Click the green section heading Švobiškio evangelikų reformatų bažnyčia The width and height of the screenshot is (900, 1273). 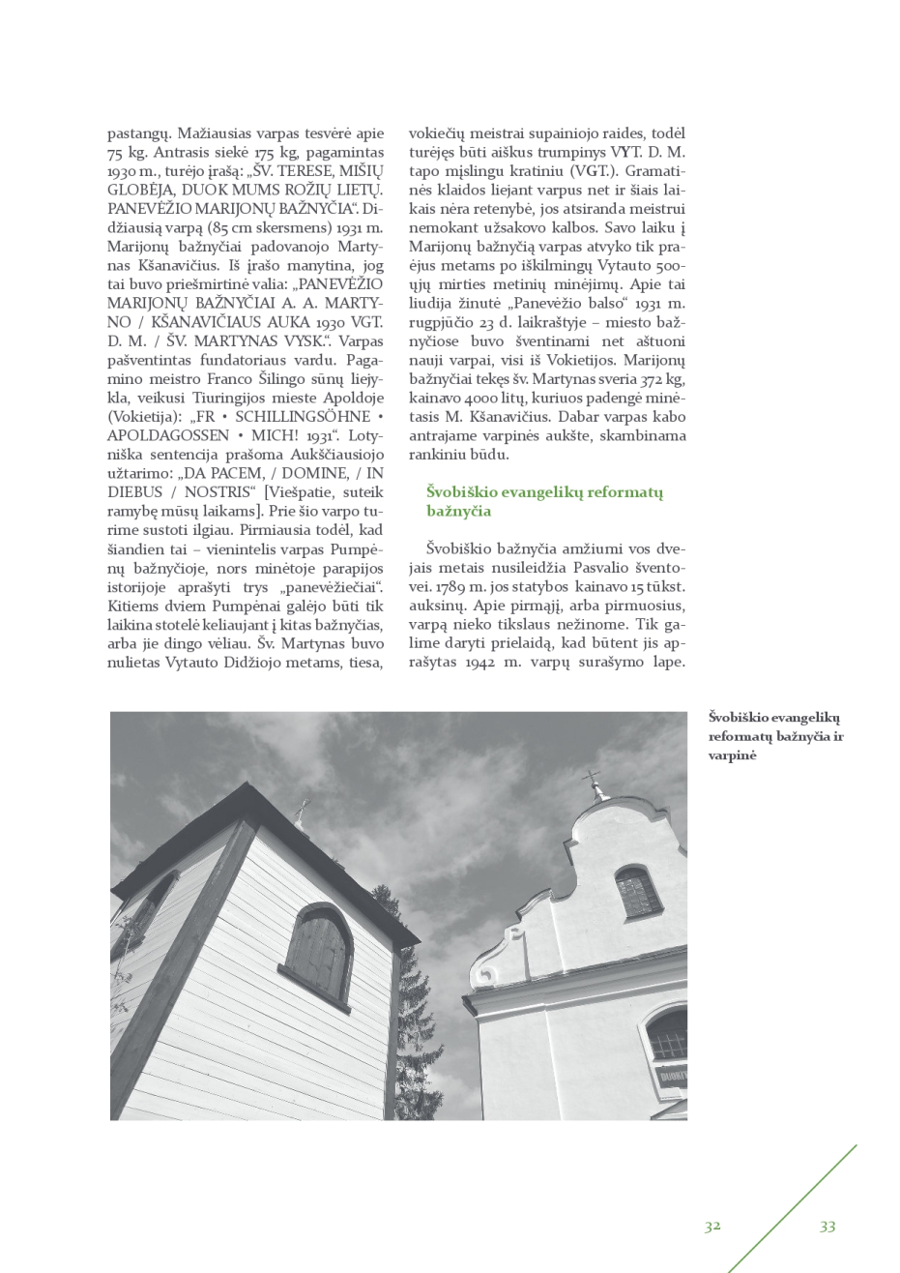(x=543, y=501)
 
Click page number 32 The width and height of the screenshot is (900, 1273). (x=712, y=1226)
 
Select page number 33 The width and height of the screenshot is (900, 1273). (x=827, y=1226)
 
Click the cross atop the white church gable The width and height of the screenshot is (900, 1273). (x=593, y=782)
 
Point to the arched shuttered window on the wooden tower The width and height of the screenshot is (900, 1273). (x=318, y=956)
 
